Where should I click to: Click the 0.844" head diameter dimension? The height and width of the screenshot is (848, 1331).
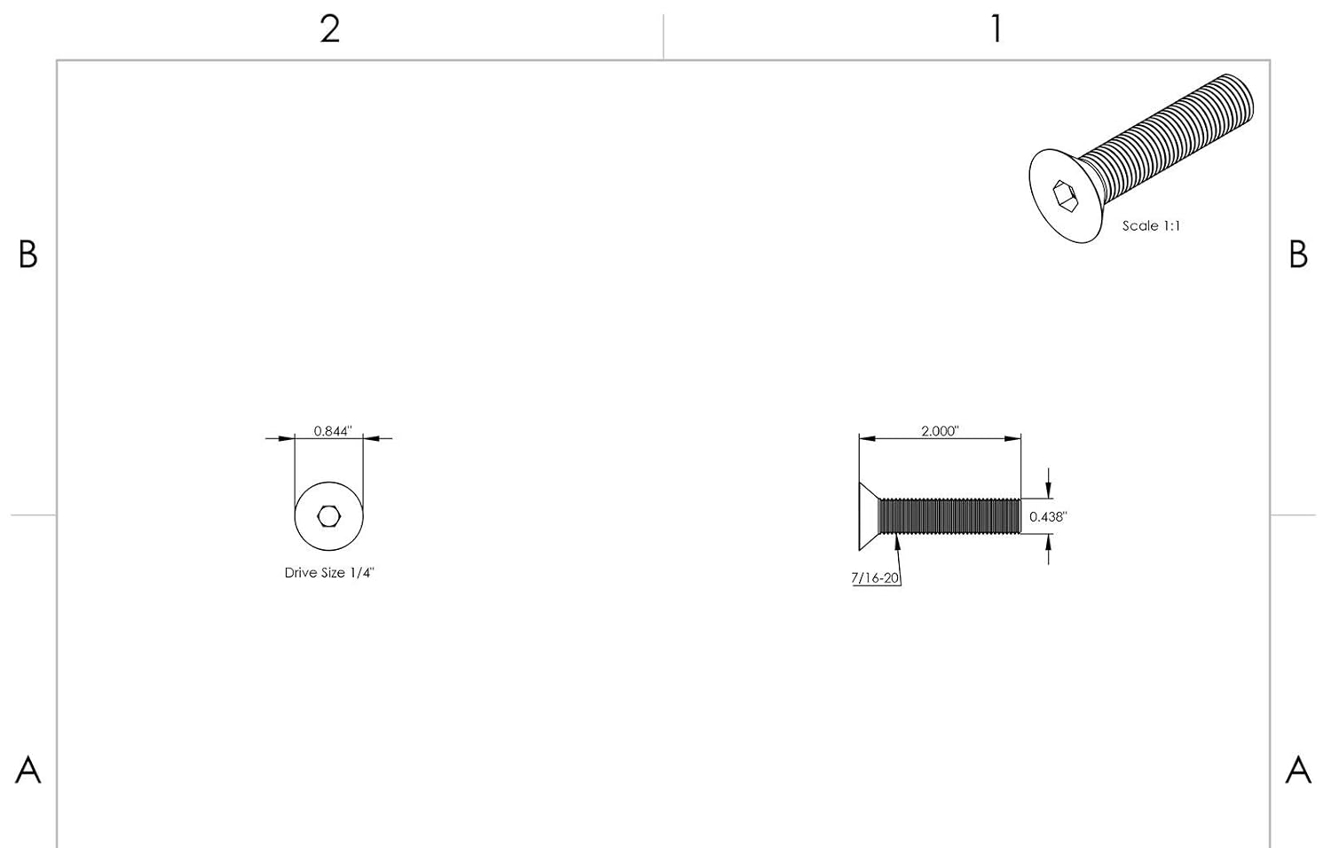[333, 431]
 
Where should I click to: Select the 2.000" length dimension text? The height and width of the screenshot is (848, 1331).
[940, 431]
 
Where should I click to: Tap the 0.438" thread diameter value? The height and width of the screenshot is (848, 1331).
[1048, 516]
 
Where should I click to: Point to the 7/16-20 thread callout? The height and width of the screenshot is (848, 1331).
[875, 577]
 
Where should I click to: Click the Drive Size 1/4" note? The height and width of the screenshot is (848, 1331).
[330, 572]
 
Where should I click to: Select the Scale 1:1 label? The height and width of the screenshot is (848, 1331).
[1151, 225]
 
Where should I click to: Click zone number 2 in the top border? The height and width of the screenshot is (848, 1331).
[330, 29]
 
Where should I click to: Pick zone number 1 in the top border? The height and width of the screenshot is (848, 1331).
[996, 29]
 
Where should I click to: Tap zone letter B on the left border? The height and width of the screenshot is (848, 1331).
[28, 255]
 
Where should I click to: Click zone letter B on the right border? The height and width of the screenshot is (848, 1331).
[1298, 255]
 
